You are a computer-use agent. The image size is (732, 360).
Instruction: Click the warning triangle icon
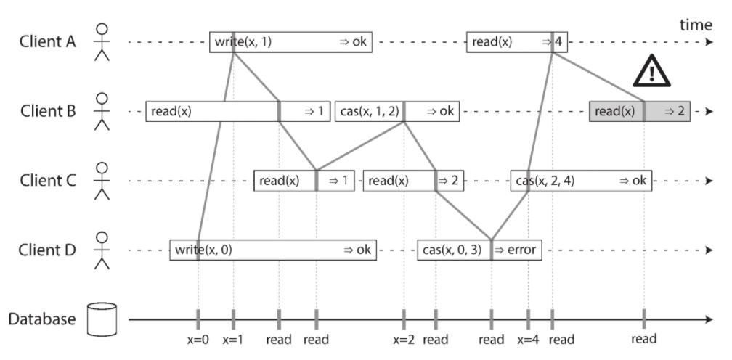pos(651,72)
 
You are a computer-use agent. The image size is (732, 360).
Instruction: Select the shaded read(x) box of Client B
pos(640,112)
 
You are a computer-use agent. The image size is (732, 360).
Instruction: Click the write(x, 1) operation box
pos(290,42)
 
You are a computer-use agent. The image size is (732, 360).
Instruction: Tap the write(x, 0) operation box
pos(273,250)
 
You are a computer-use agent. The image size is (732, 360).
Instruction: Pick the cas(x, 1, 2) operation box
pos(397,112)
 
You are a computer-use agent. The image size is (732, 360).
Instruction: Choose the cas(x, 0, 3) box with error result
pos(479,250)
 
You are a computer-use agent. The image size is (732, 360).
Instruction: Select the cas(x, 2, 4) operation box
pos(581,181)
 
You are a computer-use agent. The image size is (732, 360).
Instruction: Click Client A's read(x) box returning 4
pos(517,42)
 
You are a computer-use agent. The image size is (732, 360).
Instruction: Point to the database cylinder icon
pos(102,319)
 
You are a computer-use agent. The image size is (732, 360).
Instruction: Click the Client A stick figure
pos(102,42)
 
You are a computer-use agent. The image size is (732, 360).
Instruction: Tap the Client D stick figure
pos(102,250)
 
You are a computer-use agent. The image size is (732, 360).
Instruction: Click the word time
pos(696,25)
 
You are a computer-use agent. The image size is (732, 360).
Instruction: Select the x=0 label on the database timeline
pos(198,340)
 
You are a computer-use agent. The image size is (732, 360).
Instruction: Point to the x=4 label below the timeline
pos(528,340)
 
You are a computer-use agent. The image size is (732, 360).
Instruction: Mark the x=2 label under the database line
pos(404,340)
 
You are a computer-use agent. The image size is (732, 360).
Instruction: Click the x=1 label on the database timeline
pos(233,340)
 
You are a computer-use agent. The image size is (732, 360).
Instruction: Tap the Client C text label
pos(48,181)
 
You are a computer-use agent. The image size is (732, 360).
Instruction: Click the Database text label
pos(42,319)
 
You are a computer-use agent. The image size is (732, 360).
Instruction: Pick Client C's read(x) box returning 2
pos(414,181)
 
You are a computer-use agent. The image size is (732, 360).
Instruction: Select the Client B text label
pos(48,112)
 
